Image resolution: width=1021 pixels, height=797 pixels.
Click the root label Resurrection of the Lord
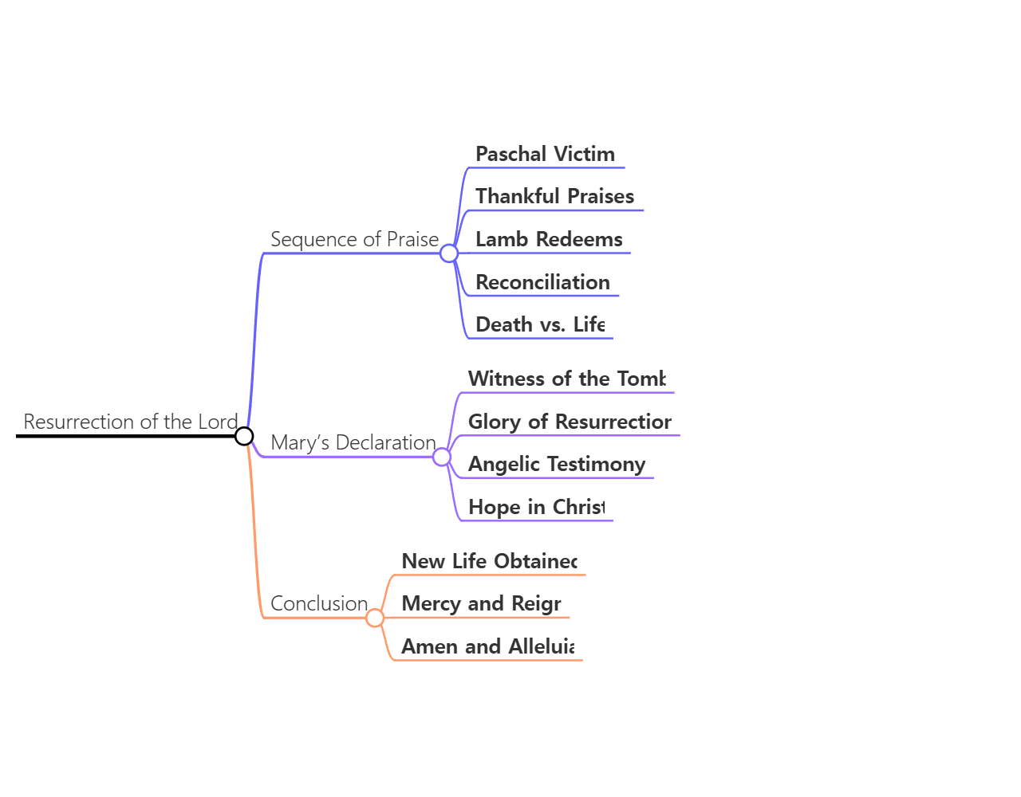[x=131, y=422]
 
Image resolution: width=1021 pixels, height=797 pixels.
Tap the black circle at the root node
[x=244, y=436]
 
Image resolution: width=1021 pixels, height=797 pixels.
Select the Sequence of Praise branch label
[x=354, y=239]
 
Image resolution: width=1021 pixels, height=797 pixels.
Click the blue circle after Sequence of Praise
[x=449, y=253]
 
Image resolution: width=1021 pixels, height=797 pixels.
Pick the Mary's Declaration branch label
[x=353, y=442]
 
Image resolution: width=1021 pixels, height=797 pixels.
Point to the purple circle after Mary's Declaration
[x=441, y=457]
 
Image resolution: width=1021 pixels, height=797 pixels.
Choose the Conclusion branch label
[x=319, y=603]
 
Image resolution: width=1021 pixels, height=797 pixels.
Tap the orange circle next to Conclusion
[x=375, y=618]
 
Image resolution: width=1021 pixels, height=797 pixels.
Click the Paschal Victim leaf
[x=545, y=154]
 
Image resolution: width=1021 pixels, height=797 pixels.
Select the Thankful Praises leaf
[x=554, y=196]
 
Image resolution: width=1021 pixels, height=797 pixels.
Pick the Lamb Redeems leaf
[x=549, y=239]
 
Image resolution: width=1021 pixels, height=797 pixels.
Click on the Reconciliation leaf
[x=542, y=282]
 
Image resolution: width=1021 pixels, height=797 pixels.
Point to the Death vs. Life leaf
[x=540, y=324]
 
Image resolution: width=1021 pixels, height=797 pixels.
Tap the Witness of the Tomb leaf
[x=566, y=379]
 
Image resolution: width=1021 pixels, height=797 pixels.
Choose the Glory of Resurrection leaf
[x=570, y=422]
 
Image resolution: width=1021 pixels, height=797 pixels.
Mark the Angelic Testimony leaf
[x=557, y=464]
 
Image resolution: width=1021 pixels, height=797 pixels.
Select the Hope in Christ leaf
[x=536, y=507]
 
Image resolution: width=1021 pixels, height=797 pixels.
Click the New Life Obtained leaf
[x=489, y=561]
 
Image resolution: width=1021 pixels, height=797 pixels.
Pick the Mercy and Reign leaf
[x=481, y=603]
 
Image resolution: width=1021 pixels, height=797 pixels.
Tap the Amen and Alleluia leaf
[x=487, y=646]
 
